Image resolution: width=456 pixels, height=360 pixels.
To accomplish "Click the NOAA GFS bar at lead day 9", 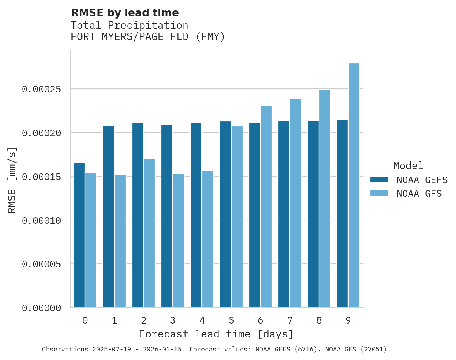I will (x=354, y=185).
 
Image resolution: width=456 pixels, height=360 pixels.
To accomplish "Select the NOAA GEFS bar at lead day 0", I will (x=79, y=235).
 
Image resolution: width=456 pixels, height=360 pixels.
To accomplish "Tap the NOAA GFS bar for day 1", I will (x=120, y=241).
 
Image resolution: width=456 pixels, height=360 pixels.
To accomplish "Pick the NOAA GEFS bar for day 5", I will (x=225, y=215).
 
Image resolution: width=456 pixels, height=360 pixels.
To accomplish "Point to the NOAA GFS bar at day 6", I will (x=266, y=207).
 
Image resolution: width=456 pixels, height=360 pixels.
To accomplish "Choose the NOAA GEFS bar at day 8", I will (x=313, y=214).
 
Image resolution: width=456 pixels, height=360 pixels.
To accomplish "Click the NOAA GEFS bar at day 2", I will (x=138, y=215).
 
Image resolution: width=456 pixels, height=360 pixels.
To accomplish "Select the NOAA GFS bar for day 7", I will (x=295, y=203).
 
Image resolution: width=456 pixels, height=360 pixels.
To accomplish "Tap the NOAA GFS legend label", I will (x=419, y=194).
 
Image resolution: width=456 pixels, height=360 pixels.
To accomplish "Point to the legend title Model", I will (x=408, y=166).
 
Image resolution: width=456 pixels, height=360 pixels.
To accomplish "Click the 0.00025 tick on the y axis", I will (x=42, y=89).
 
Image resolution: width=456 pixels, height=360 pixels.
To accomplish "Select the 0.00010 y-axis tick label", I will (x=42, y=220).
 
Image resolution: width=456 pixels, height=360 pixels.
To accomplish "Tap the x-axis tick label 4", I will (x=202, y=321).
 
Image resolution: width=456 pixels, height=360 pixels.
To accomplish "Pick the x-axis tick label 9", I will (x=348, y=321).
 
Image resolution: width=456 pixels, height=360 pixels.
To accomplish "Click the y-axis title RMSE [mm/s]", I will (x=12, y=180).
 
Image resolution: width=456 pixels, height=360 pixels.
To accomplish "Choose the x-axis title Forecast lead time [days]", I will (x=216, y=334).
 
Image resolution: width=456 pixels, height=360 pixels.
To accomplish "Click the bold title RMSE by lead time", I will (x=125, y=13).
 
